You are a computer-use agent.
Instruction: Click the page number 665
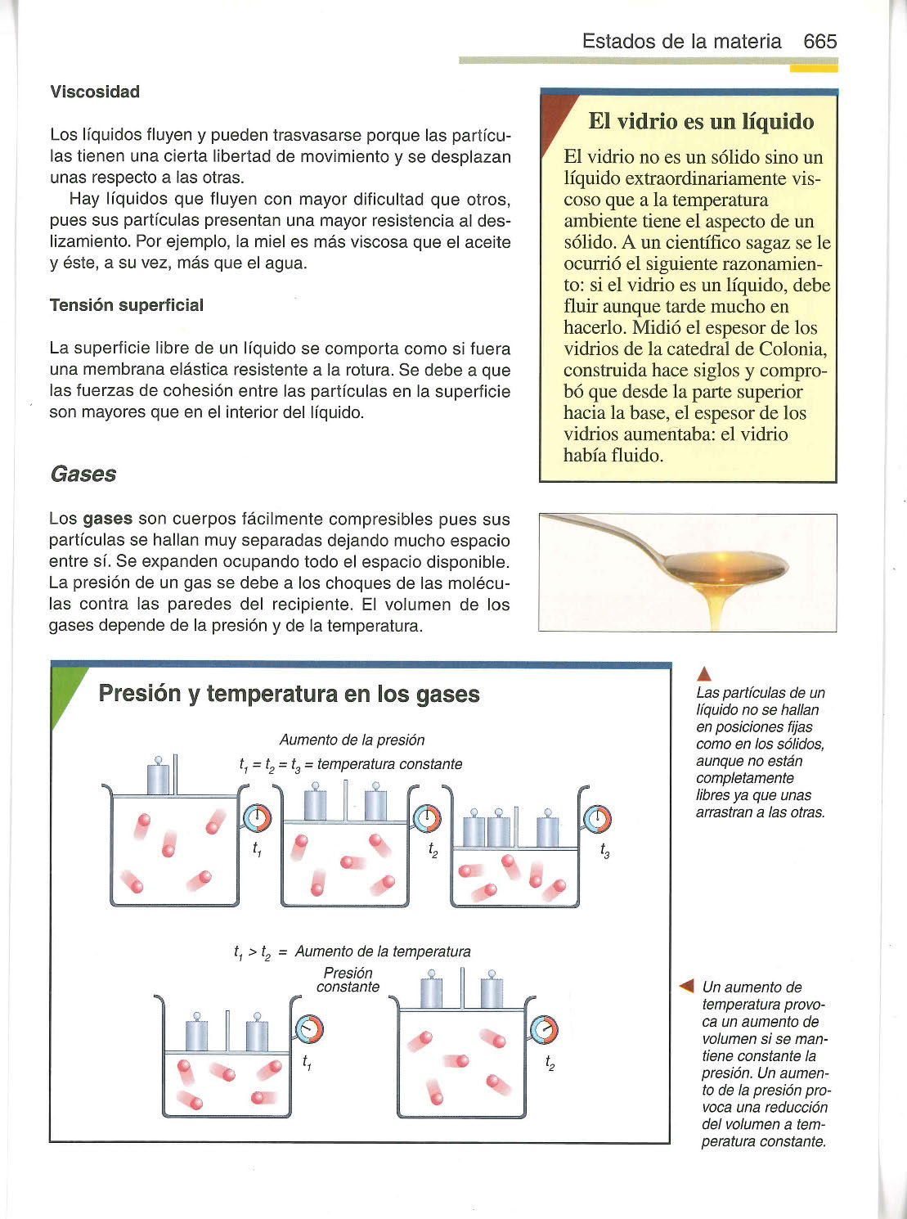tap(819, 42)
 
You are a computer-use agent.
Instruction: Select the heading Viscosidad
tap(95, 92)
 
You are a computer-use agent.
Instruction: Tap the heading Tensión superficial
tap(127, 305)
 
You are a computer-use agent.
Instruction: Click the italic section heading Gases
tap(83, 475)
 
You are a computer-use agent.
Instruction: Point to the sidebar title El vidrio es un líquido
tap(701, 122)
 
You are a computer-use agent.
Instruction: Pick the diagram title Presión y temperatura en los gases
tap(289, 694)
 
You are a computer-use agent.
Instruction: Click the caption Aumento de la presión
tap(352, 740)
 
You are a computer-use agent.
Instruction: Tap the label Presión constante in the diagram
tap(348, 980)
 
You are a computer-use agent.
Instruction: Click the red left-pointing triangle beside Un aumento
tap(687, 986)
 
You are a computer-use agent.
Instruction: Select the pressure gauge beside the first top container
tap(256, 817)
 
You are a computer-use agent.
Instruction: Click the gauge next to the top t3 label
tap(598, 817)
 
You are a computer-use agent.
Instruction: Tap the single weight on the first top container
tap(159, 776)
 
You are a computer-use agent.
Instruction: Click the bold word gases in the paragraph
tap(108, 520)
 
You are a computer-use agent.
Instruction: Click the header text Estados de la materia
tap(681, 42)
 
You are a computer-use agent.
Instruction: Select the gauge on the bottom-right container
tap(544, 1030)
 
